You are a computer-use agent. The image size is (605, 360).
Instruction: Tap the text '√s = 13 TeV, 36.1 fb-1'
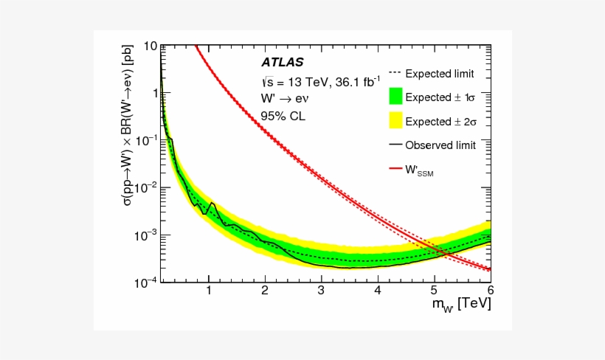[319, 81]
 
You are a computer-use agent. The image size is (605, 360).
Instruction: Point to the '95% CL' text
[283, 116]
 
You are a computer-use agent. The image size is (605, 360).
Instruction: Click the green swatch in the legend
[395, 97]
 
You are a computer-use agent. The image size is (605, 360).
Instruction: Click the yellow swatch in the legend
[395, 121]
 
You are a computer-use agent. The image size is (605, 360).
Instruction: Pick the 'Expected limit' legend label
[440, 74]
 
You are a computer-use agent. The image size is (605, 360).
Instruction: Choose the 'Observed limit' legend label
[440, 145]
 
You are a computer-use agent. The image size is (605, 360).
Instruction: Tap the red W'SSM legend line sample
[395, 169]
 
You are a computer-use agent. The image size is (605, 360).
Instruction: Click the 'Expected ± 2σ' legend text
[440, 122]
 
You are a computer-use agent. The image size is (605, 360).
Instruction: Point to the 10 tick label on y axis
[150, 46]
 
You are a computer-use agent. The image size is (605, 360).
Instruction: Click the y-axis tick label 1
[153, 93]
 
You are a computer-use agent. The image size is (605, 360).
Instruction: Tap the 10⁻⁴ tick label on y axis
[146, 282]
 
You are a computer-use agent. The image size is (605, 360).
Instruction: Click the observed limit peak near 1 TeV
[212, 202]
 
